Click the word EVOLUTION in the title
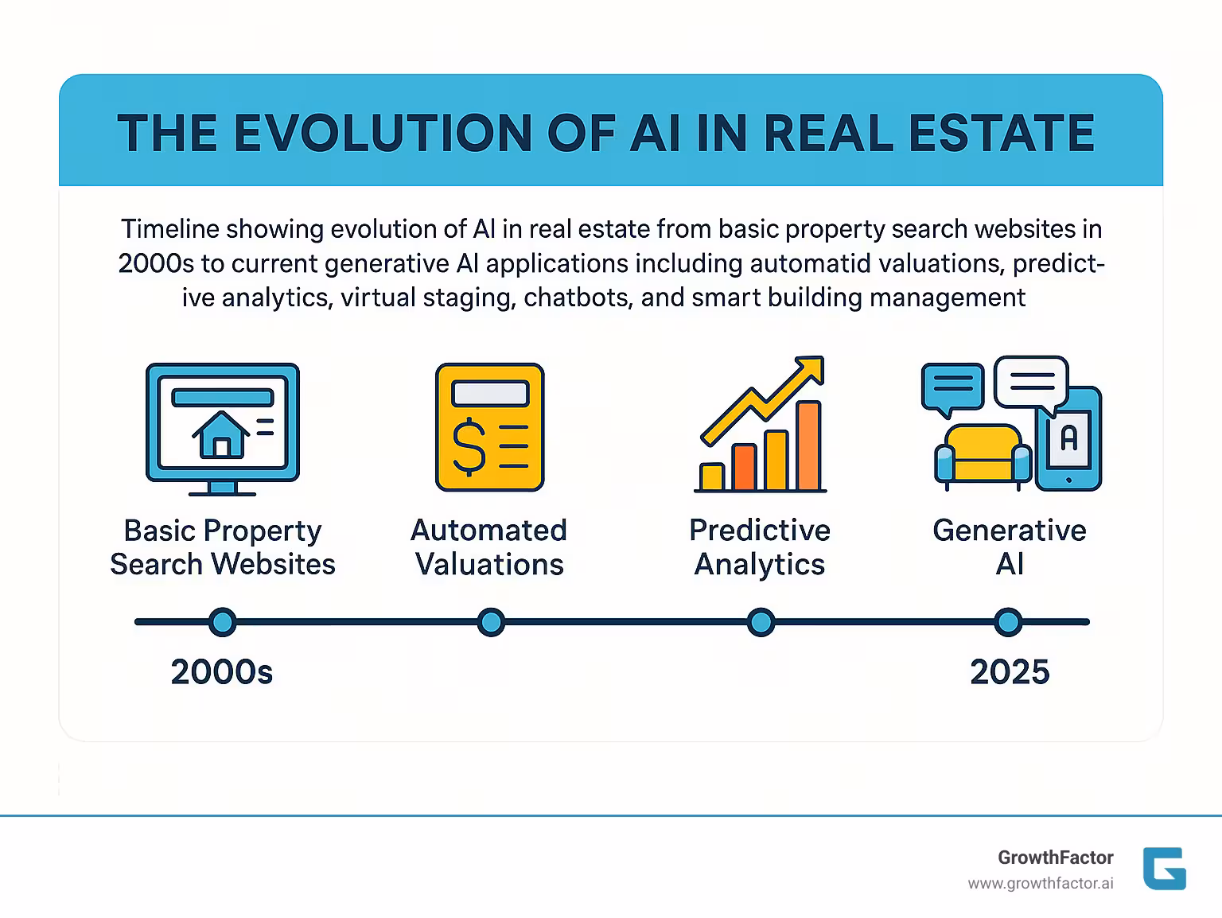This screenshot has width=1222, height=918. (383, 133)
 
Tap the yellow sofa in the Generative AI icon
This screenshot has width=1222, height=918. (983, 453)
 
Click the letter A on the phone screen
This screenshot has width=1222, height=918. (1069, 438)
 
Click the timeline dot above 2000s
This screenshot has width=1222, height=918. (222, 622)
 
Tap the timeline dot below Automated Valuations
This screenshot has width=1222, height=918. (491, 622)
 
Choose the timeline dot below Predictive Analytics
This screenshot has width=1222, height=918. (761, 622)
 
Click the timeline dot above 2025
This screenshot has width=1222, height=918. (1008, 622)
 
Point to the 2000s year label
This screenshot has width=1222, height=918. (222, 672)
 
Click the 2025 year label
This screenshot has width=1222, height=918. (1010, 672)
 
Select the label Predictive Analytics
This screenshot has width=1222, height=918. (760, 547)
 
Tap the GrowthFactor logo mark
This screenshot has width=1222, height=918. (1164, 869)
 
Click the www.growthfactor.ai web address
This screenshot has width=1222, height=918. (1041, 884)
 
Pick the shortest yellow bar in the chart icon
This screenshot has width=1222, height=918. (711, 477)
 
